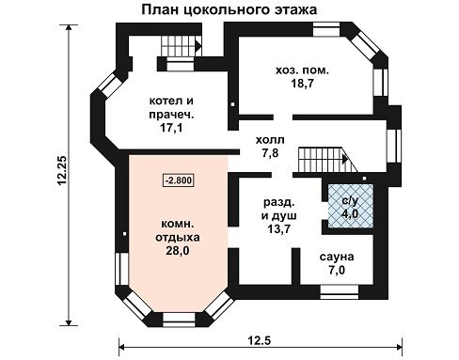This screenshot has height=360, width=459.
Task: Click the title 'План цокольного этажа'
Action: pos(229,9)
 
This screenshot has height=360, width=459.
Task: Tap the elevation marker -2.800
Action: pos(178,180)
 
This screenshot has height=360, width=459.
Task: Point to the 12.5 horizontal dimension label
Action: pos(260,339)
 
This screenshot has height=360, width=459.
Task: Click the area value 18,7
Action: pos(302,84)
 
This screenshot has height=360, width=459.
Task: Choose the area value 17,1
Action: pos(171,128)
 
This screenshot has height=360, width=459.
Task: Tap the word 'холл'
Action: pos(270,140)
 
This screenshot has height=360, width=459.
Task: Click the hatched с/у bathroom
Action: pos(350,206)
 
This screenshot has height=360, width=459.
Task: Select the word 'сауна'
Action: pos(337,257)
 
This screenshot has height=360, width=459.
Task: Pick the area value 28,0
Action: pos(178,251)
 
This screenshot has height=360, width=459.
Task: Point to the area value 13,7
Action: pos(278,229)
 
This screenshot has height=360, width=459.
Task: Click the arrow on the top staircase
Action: pos(198,46)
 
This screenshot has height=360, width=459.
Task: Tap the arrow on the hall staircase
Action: pos(345,159)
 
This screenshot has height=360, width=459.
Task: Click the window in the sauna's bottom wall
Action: pos(340,292)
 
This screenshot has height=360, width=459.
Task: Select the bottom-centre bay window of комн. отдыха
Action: pos(179,320)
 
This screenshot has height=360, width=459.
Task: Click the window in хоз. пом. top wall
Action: pos(326,29)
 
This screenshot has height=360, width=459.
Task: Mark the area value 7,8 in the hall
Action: pos(270,153)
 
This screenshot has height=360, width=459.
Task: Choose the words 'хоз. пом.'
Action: pos(302,70)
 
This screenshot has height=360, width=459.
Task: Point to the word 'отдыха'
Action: pos(178,238)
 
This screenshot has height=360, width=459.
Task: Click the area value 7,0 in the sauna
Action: pos(337,270)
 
